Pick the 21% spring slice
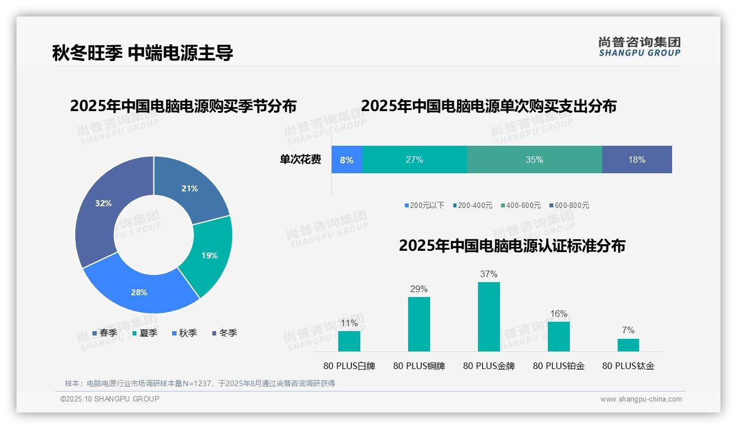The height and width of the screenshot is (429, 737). click(190, 187)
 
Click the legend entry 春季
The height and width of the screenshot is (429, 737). click(105, 333)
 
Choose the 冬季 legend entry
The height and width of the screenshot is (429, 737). click(224, 333)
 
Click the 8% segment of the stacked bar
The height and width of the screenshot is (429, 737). click(346, 160)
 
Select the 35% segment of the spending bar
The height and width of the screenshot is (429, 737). click(534, 160)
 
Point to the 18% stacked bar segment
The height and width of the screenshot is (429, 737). click(637, 160)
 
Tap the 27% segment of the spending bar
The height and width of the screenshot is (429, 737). click(414, 160)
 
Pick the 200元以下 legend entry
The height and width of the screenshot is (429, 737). click(424, 205)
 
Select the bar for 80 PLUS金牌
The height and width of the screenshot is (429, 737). click(488, 317)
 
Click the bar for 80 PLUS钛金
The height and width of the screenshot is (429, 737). click(628, 345)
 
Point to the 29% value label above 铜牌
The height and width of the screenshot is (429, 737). click(419, 289)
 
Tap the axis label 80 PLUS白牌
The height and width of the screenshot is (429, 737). click(349, 366)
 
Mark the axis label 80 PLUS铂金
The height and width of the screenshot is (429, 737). click(559, 366)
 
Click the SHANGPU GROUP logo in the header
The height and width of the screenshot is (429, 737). click(639, 46)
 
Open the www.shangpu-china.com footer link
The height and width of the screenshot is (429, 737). click(641, 399)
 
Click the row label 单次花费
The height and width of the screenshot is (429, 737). click(300, 160)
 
